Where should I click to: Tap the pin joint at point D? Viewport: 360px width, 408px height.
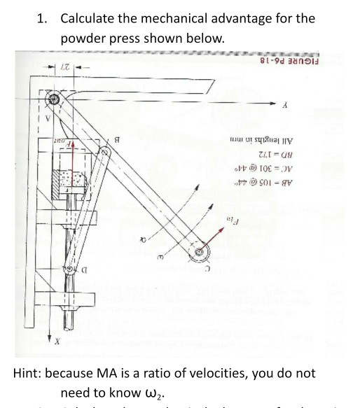coord(71,269)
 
